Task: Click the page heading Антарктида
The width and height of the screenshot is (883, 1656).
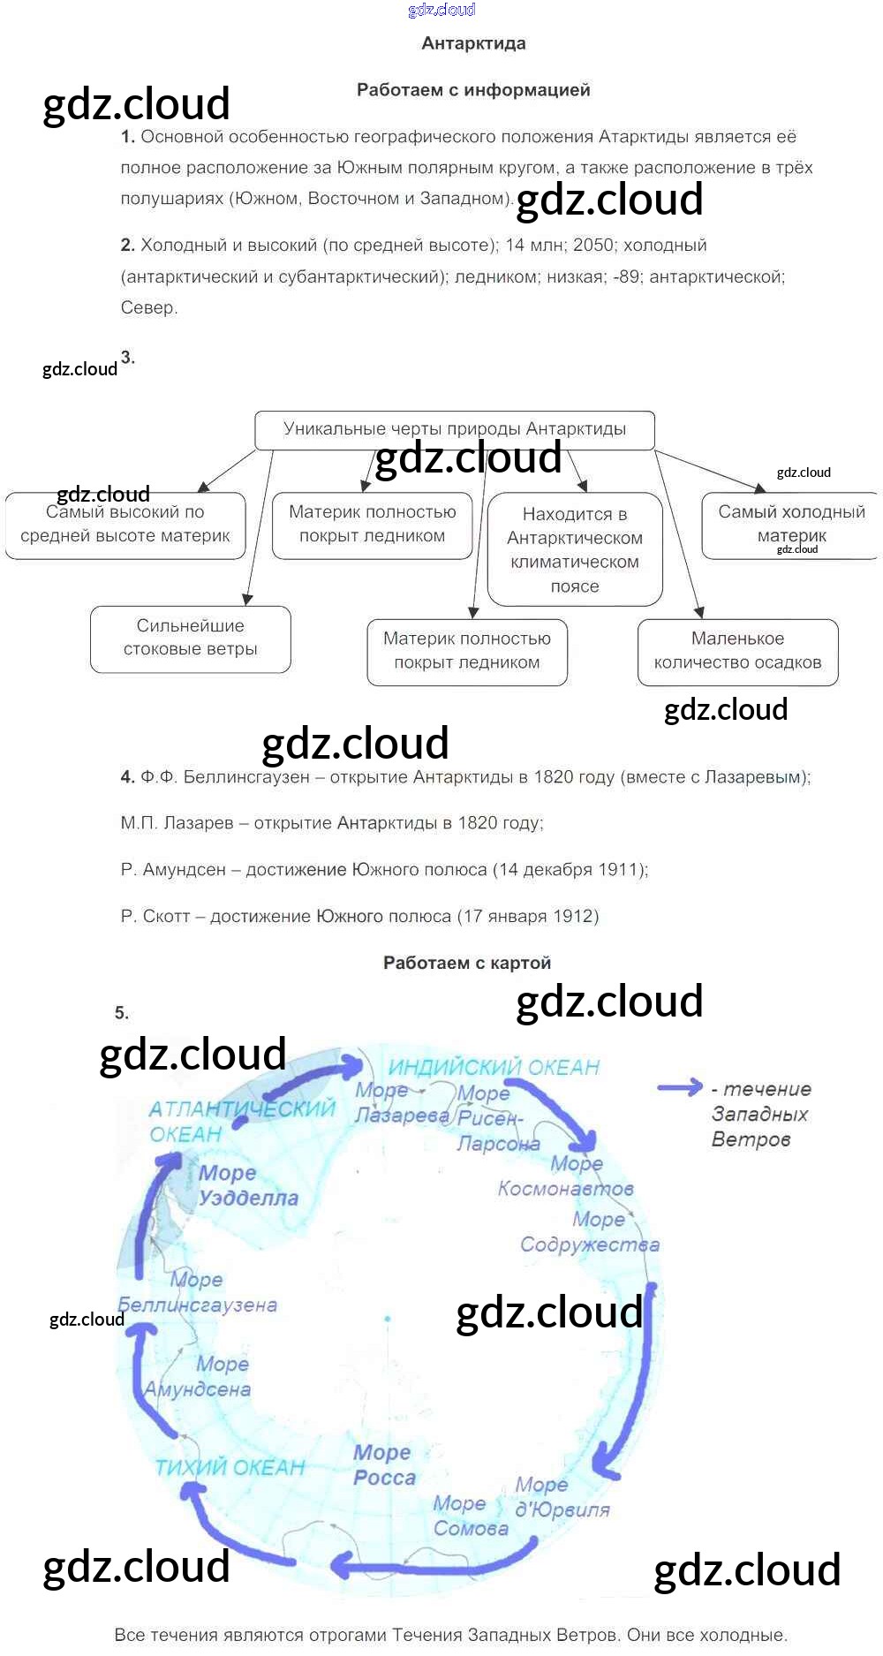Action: click(x=473, y=43)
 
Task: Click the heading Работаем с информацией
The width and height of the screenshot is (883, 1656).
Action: click(x=473, y=90)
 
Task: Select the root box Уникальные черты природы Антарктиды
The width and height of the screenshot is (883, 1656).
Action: click(x=454, y=429)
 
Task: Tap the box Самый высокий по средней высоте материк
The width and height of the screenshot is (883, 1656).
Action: click(x=125, y=525)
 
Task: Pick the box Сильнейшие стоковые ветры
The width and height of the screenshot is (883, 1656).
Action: click(x=190, y=638)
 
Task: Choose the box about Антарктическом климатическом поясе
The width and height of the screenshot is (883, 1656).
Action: click(x=574, y=549)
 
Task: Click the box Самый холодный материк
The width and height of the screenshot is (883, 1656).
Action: click(x=790, y=524)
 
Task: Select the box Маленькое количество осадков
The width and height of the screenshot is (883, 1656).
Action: click(x=737, y=651)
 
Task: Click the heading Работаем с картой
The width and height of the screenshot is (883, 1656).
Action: click(x=467, y=964)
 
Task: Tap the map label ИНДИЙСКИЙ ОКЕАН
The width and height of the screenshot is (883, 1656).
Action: click(x=494, y=1068)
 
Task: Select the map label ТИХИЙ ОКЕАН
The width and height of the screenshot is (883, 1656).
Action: click(x=230, y=1468)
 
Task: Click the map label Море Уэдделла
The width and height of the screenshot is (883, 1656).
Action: click(x=248, y=1186)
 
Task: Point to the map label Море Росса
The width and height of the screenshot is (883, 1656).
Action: click(x=384, y=1465)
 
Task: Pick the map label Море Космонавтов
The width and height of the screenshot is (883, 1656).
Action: click(x=565, y=1176)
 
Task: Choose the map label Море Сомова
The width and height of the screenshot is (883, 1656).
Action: click(x=470, y=1516)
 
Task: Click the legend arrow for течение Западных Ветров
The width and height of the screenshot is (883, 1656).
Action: click(x=680, y=1088)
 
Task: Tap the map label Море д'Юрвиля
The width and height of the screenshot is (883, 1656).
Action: click(x=562, y=1498)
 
